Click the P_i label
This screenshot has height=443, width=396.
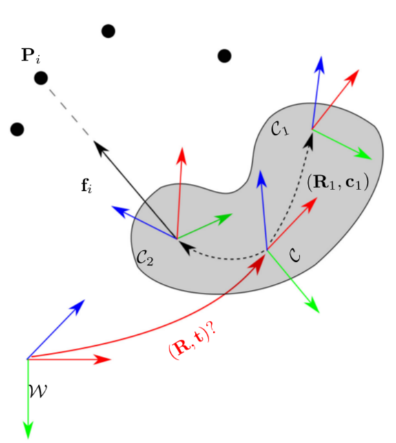31,56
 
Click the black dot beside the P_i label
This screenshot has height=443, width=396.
41,78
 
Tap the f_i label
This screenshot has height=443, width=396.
86,186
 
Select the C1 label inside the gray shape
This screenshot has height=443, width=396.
280,130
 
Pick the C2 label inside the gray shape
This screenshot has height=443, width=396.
145,258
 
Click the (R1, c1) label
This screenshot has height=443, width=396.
338,183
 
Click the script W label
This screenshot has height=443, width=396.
38,391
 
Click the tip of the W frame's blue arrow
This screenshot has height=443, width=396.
85,300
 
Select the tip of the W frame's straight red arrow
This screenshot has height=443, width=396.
111,360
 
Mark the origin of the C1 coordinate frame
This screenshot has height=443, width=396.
312,129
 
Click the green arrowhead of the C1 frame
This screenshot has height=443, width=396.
371,158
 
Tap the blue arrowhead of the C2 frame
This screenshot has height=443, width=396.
113,207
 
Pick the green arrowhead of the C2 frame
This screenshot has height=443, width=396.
231,214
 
